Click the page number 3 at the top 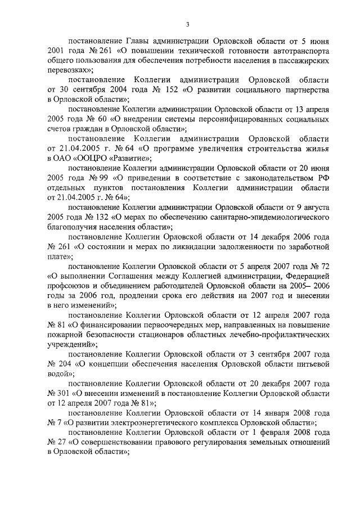coord(188,22)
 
